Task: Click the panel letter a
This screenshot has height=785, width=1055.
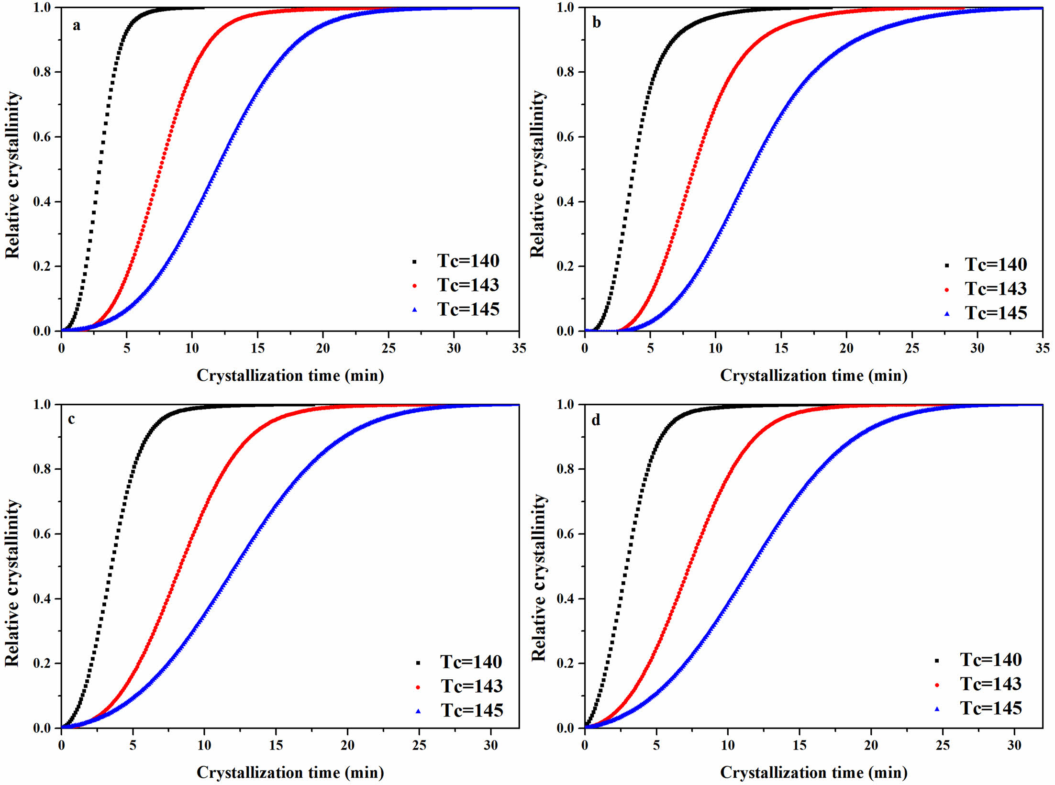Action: [x=77, y=26]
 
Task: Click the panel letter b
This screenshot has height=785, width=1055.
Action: [x=597, y=23]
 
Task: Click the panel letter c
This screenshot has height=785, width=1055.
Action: [x=71, y=420]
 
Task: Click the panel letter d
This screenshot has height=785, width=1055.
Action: [x=596, y=420]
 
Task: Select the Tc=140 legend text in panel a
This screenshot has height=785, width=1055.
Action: [x=468, y=261]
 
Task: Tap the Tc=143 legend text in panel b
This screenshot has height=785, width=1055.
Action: [x=996, y=289]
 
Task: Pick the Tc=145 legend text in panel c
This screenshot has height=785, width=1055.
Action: [x=472, y=711]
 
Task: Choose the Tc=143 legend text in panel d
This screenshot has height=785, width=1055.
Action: [x=991, y=685]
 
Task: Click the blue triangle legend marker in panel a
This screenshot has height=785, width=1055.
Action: [x=415, y=310]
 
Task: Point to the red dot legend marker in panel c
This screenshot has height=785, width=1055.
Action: [x=418, y=687]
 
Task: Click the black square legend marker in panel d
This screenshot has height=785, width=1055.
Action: [x=937, y=661]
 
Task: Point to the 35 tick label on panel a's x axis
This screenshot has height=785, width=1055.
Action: [x=519, y=348]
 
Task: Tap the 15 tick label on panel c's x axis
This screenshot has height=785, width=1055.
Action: [x=276, y=745]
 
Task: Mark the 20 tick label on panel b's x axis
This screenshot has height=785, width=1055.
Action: [x=846, y=348]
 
